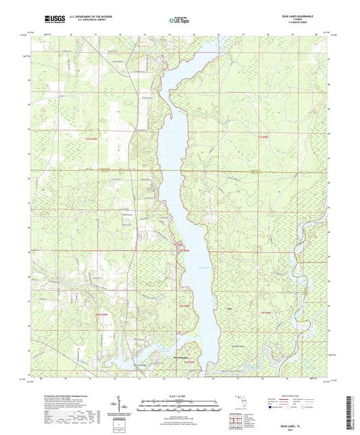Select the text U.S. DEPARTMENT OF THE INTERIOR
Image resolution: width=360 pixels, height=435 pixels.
(x=88, y=18)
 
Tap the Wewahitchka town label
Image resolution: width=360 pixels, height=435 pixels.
(x=186, y=357)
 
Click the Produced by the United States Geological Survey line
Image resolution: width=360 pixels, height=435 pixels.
(x=64, y=395)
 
